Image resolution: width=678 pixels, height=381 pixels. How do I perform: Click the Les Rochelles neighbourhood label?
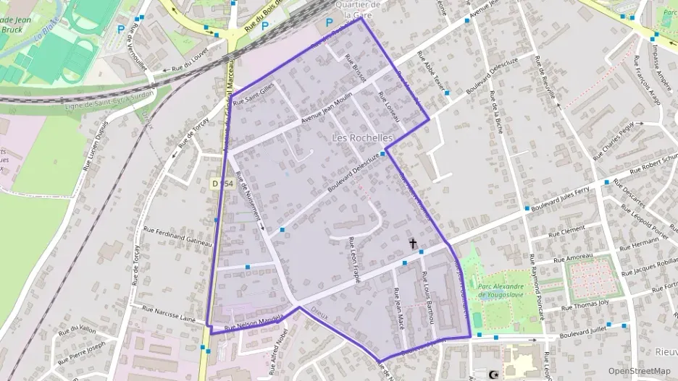[362, 137]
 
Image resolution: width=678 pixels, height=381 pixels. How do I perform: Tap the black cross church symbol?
[414, 244]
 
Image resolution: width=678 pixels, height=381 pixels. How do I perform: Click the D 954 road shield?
[223, 184]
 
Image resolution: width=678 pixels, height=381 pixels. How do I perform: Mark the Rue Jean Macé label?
[397, 309]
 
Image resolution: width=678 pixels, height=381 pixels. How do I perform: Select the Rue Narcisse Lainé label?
[169, 313]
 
